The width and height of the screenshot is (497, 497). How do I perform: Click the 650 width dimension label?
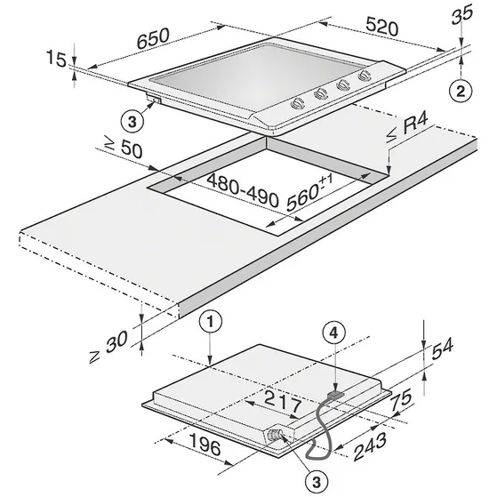154,38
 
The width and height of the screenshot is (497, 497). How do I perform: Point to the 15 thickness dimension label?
56,59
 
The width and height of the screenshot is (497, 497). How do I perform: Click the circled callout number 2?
461,92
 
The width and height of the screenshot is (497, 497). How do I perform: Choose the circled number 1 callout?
211,323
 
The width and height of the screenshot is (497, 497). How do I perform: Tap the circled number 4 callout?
333,333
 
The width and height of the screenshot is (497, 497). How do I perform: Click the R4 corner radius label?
408,128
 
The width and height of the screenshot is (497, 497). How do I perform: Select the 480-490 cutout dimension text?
243,190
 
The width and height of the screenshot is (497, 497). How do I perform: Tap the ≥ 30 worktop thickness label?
108,347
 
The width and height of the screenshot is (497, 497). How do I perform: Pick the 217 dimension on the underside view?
283,402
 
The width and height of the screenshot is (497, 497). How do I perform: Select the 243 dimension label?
370,446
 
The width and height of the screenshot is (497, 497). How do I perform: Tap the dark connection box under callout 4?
335,394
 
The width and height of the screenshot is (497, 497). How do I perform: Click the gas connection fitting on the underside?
275,435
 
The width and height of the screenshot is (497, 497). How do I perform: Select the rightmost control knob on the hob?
364,76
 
